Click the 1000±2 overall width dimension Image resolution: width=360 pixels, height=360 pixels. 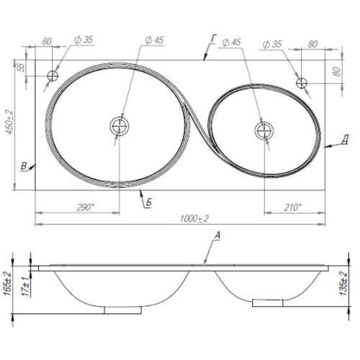(194, 219)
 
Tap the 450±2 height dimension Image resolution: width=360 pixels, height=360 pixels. (10, 122)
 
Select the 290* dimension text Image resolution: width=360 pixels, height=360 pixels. (86, 207)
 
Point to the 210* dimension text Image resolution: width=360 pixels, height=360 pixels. (292, 207)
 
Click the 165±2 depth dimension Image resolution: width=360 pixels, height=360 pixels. (7, 284)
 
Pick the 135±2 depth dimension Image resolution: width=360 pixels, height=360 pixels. (343, 284)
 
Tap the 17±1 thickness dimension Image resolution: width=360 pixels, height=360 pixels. (26, 287)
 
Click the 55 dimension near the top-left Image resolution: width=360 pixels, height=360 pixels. (22, 68)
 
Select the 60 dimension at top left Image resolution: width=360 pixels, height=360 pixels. (47, 41)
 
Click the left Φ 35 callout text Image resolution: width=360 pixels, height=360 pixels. (84, 40)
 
